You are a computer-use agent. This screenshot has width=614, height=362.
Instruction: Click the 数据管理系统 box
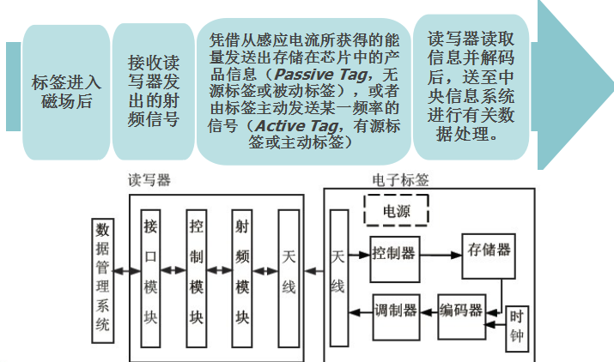[x=102, y=280]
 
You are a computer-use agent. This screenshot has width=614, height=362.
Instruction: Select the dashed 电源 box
[x=396, y=210]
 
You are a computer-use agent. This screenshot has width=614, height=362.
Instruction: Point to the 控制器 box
[x=394, y=255]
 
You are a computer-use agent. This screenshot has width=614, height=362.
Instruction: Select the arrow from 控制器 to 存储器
[x=440, y=255]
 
